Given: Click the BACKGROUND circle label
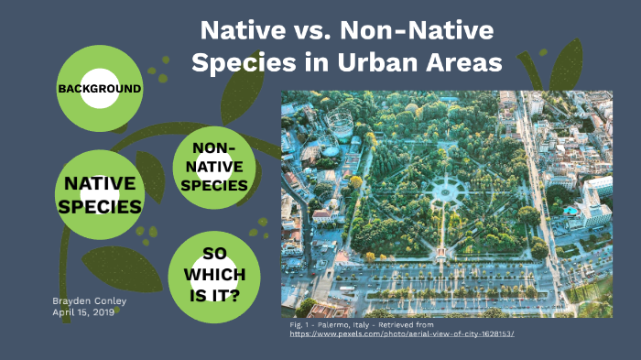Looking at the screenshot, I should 99,89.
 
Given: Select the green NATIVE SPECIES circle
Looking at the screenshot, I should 99,194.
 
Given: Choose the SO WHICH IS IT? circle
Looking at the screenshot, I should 213,274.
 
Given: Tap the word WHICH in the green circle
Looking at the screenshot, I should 213,275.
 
